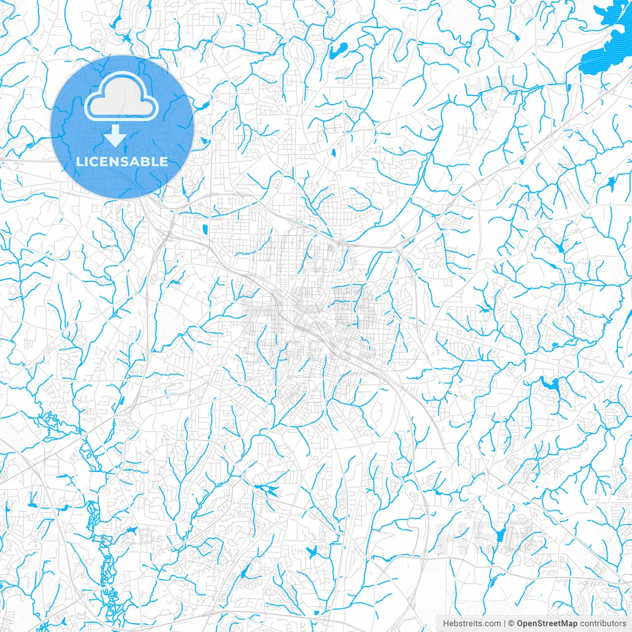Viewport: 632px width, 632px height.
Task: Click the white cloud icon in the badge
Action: pyautogui.click(x=121, y=97)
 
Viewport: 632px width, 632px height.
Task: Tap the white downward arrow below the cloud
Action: pyautogui.click(x=116, y=136)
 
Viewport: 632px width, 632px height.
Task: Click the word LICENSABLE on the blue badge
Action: pyautogui.click(x=122, y=162)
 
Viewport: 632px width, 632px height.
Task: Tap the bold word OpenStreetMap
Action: pyautogui.click(x=547, y=624)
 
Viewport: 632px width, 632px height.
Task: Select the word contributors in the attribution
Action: pyautogui.click(x=603, y=624)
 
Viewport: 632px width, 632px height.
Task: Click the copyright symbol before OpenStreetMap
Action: pyautogui.click(x=512, y=624)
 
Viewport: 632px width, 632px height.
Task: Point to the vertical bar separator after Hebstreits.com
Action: pyautogui.click(x=505, y=624)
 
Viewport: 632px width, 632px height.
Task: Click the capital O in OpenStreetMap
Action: pyautogui.click(x=520, y=624)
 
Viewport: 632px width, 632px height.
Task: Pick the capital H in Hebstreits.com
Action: pyautogui.click(x=446, y=624)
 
